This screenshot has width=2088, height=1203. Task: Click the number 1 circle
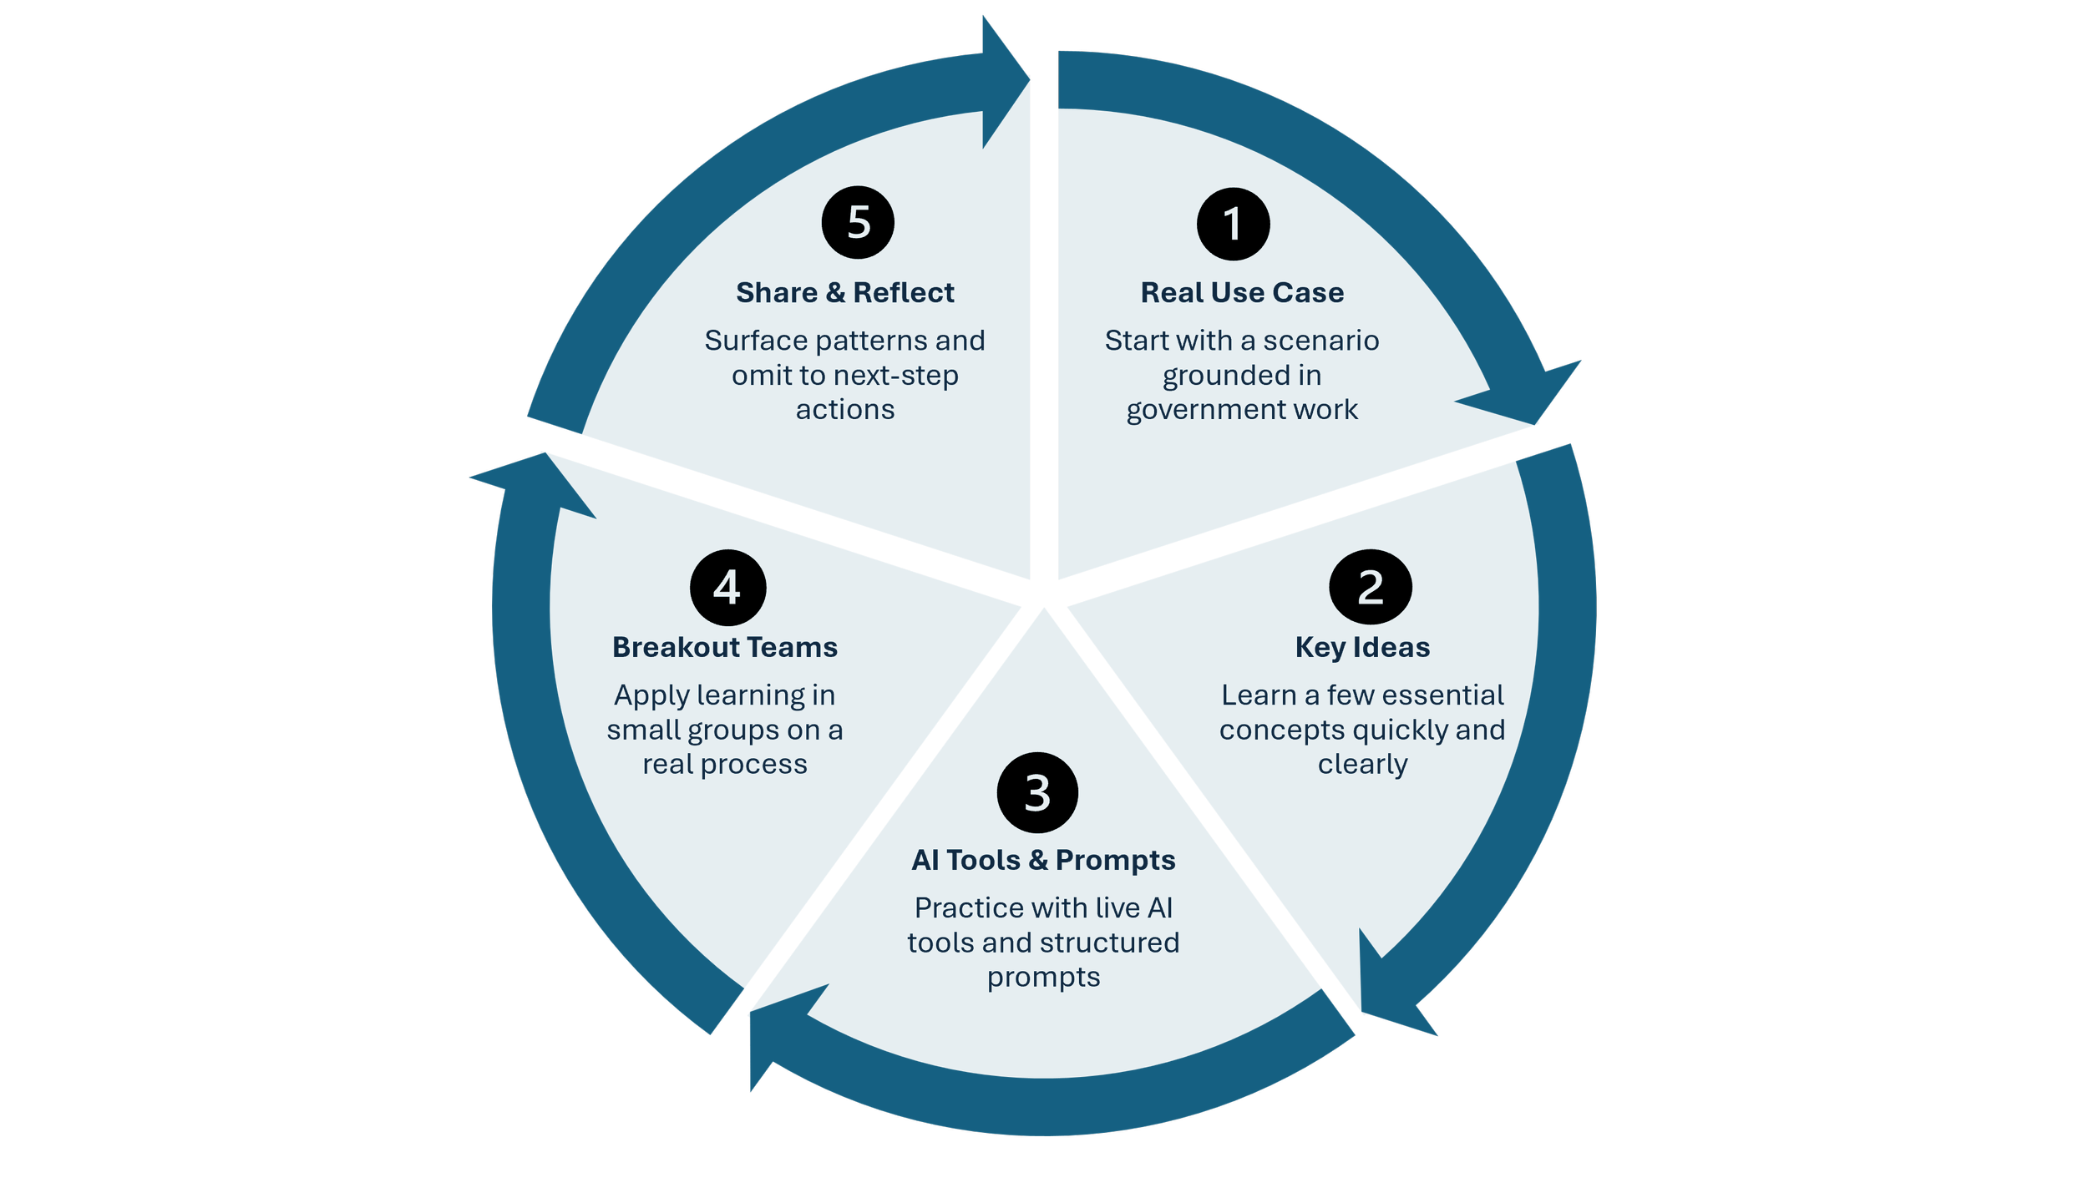click(x=1233, y=224)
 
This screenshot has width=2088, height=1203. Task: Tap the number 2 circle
click(x=1370, y=587)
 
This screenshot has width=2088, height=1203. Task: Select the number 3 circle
click(x=1037, y=792)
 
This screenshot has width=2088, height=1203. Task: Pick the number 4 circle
click(x=727, y=587)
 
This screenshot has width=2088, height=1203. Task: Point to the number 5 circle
click(x=858, y=222)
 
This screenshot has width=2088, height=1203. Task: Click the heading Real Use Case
click(x=1242, y=293)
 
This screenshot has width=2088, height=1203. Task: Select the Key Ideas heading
click(x=1362, y=648)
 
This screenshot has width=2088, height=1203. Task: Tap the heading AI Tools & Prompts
click(x=1043, y=860)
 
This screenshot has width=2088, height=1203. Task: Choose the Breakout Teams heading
click(x=725, y=648)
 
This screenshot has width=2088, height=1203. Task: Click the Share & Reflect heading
click(x=844, y=293)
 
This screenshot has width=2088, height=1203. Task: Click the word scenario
click(x=1320, y=341)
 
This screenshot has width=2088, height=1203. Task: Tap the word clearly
click(x=1362, y=765)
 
